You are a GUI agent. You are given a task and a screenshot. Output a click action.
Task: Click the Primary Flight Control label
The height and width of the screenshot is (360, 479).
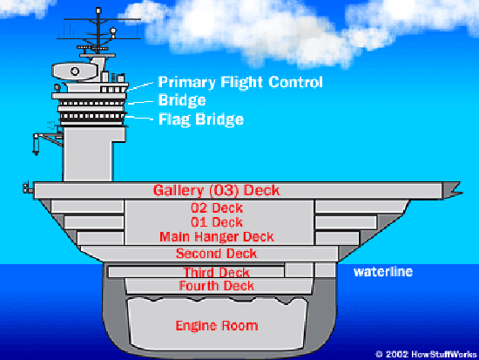point(240,83)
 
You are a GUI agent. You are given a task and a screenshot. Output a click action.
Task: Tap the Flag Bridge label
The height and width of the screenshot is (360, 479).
point(201,119)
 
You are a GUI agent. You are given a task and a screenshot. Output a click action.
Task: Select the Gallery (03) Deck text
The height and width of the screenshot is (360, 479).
point(217,191)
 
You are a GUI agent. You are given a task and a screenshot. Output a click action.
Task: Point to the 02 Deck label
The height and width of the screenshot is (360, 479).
point(217,208)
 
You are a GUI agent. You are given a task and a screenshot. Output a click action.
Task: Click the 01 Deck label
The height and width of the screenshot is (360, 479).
point(217,222)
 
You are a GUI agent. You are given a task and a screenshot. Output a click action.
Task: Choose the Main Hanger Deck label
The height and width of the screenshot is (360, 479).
point(217,237)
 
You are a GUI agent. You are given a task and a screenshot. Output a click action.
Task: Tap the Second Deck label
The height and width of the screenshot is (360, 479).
point(217,254)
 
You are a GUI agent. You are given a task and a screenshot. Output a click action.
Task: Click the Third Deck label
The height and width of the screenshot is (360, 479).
point(217,272)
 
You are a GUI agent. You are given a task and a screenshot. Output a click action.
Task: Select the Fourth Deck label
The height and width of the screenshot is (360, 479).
point(217,286)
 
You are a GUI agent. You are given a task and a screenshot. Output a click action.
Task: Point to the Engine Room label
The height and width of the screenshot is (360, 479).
point(217,326)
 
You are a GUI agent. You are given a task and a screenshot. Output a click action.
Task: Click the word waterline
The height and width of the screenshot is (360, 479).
point(383,272)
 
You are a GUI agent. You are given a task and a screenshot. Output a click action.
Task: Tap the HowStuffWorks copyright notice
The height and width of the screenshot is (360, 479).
point(426,354)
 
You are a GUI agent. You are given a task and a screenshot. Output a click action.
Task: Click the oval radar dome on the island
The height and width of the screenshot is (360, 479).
point(75,71)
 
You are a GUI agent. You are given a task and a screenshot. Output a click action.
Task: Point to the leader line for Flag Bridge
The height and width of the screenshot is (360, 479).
point(139,118)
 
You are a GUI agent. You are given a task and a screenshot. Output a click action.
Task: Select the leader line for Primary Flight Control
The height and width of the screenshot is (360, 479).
point(140,86)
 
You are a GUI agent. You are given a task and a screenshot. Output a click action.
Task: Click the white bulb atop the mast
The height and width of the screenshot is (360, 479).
point(98,10)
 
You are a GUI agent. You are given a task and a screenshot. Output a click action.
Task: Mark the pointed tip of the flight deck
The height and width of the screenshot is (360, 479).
point(462,193)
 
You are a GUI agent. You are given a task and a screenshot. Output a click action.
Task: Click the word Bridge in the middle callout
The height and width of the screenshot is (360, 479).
point(182,100)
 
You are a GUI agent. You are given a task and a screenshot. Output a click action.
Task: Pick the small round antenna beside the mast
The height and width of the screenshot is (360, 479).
point(113,31)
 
